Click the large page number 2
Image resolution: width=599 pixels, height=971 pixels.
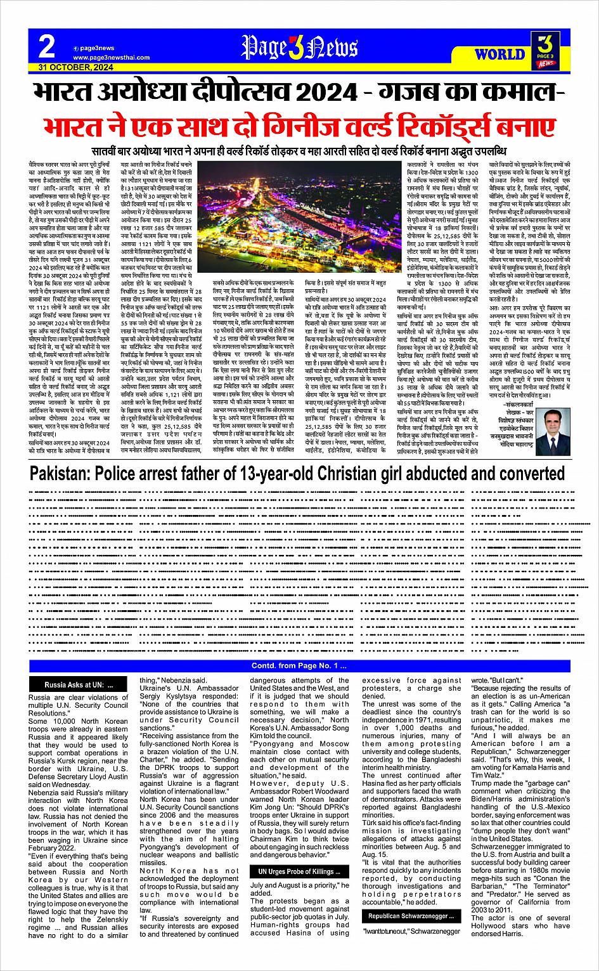(x=47, y=46)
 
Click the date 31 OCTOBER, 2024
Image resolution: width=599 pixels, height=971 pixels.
(x=75, y=67)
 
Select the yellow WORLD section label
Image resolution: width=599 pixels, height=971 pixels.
(x=500, y=55)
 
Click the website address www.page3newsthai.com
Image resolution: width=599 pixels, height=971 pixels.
(x=103, y=58)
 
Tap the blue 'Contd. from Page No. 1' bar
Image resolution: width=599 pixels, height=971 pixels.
(x=299, y=665)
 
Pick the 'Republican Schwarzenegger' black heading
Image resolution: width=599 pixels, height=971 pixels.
(x=411, y=916)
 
